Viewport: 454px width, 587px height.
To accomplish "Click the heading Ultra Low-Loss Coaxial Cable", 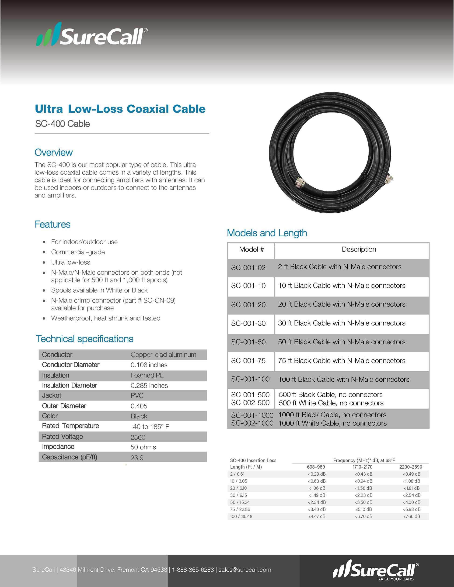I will coord(120,109).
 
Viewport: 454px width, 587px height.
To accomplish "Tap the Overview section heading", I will coord(53,152).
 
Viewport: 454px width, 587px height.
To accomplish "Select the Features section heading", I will coord(52,224).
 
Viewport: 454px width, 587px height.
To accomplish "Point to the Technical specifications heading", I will coord(84,339).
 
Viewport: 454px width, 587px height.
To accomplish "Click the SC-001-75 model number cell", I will coord(248,361).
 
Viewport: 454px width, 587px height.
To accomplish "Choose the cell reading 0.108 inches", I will coord(149,365).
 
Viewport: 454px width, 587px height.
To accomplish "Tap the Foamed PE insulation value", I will coord(147,375).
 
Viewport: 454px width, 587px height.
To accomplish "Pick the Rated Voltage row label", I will coord(62,436).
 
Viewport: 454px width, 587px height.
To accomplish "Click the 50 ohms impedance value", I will coord(143,447).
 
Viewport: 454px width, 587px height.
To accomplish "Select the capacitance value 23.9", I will coord(137,458).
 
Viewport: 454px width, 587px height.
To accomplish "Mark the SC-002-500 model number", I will coord(250,403).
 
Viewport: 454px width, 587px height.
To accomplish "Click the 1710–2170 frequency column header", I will coord(363,467).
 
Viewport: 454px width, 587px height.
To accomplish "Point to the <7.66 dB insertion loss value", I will coord(412,516).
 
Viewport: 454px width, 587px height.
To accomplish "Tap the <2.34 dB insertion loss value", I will coord(317,502).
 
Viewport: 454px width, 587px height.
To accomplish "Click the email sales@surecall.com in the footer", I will coord(245,570).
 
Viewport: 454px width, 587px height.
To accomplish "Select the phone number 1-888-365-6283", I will coord(193,570).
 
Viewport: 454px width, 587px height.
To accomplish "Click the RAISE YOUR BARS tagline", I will coord(395,579).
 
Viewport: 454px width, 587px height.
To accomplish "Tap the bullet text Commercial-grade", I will coord(78,252).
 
